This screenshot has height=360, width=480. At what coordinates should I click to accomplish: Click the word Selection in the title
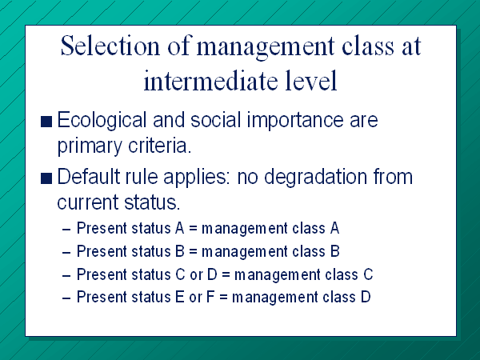coord(110,46)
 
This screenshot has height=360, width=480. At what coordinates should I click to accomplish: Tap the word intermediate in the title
coord(210,80)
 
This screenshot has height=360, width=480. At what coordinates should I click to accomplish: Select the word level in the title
coord(310,80)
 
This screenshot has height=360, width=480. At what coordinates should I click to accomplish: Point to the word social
coord(216,119)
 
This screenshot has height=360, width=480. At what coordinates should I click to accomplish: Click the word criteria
coord(159,146)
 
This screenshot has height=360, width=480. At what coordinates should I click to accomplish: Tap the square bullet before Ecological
coord(46,122)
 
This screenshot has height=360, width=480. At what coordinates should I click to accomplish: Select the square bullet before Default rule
coord(46,178)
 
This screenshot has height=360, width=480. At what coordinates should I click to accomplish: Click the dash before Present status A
coord(66,229)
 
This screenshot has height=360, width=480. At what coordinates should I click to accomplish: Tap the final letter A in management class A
coord(334,228)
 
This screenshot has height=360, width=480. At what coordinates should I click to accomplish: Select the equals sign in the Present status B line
coord(193,251)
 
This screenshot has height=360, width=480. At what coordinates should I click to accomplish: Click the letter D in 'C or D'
coord(213,274)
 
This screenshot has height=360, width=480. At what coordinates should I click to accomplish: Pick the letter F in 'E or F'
coord(210,297)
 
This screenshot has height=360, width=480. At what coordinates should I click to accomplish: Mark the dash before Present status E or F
coord(66,298)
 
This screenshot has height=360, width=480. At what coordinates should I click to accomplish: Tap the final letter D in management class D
coord(366,297)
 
